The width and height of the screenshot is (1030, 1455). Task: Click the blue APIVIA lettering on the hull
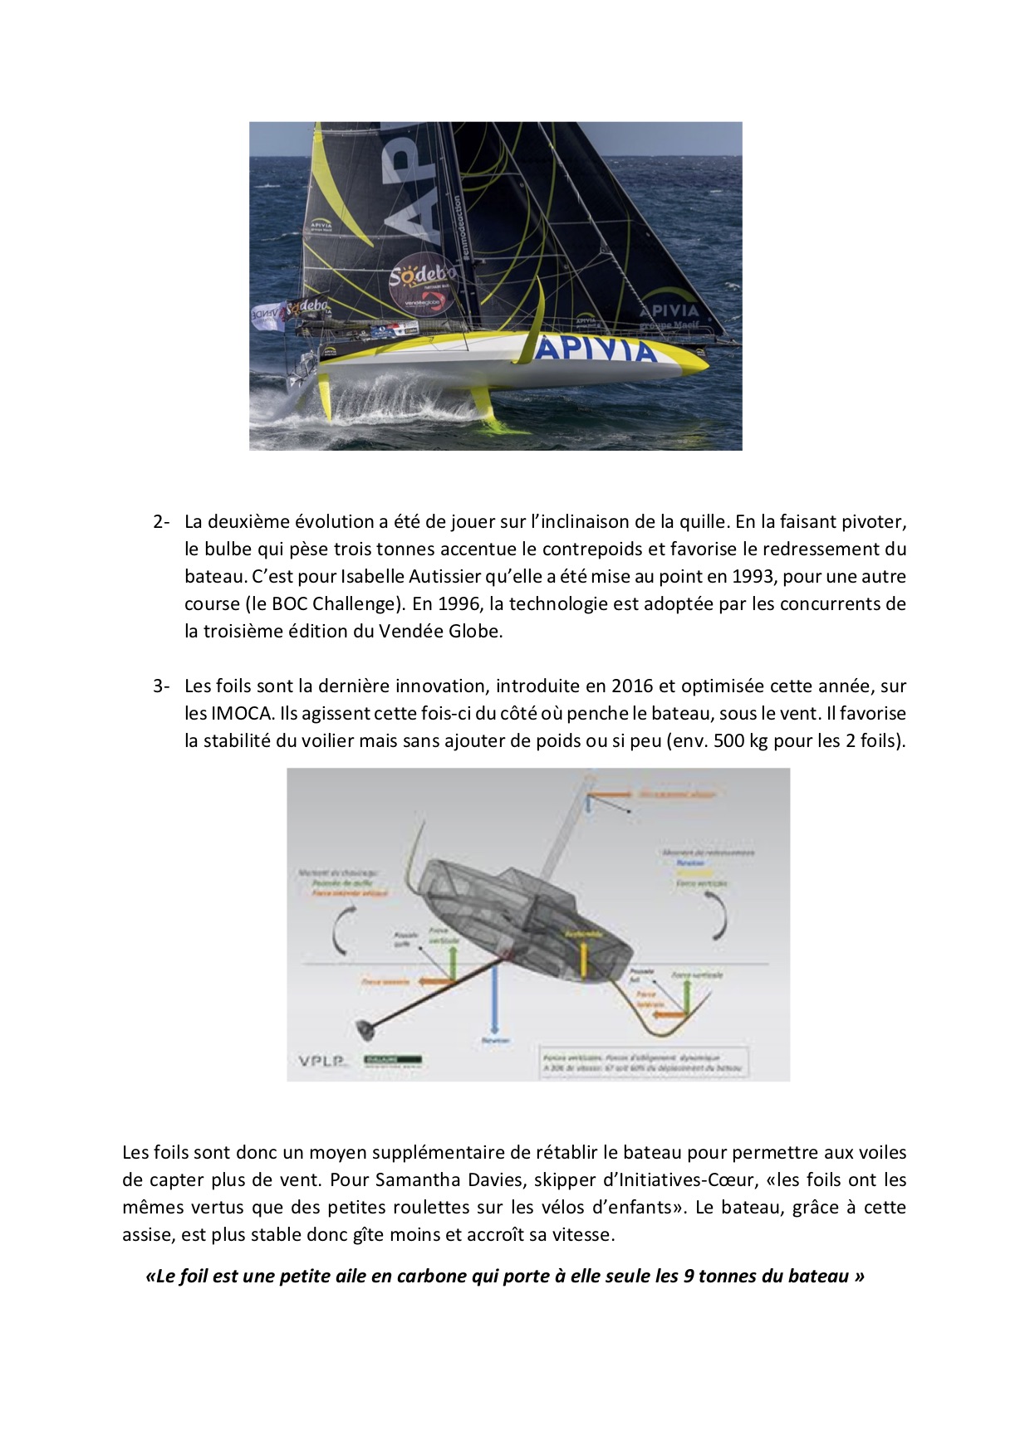pos(595,350)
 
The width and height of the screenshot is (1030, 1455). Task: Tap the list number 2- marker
pos(161,522)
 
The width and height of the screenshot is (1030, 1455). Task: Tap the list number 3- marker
pos(161,686)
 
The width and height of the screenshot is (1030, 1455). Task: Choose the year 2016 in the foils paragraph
pos(632,686)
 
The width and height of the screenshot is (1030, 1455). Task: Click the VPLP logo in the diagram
pos(321,1061)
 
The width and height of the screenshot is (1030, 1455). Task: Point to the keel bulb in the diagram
pos(365,1029)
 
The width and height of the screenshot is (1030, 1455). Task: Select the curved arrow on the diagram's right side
pos(719,917)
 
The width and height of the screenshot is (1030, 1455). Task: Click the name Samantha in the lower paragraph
pos(414,1180)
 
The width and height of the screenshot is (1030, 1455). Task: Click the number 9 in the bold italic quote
pos(689,1277)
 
